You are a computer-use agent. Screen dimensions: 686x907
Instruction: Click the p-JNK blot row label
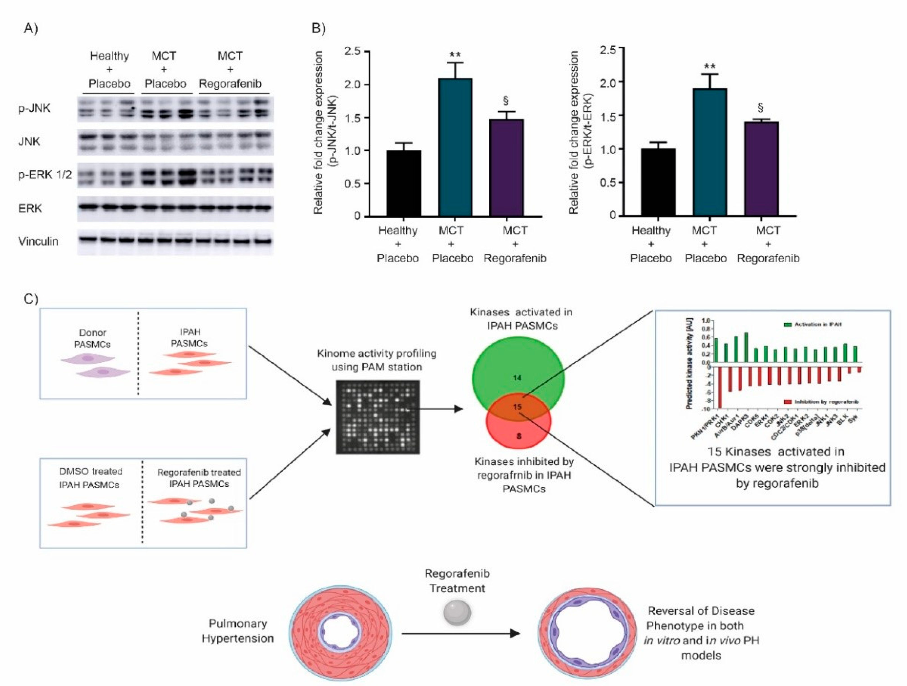click(x=34, y=108)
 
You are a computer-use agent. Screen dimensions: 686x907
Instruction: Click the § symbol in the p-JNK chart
click(x=506, y=101)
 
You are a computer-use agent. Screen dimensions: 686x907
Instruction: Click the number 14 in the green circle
click(x=517, y=377)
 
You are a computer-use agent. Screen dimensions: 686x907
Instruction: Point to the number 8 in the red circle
click(x=519, y=436)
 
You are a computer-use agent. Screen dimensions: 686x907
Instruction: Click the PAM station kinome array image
click(x=378, y=417)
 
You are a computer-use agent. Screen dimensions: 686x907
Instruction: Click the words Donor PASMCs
click(x=92, y=338)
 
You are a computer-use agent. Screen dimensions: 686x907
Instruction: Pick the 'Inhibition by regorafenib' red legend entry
click(x=822, y=401)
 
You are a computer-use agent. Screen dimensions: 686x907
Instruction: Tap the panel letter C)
click(x=30, y=299)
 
